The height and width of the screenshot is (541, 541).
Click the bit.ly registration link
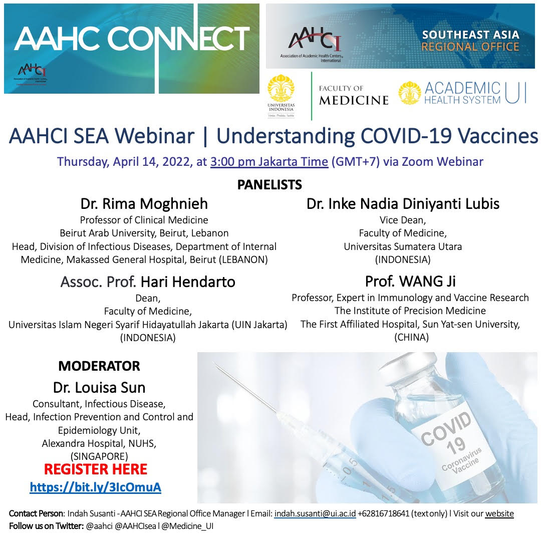coord(96,487)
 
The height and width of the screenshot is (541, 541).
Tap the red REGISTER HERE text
coord(96,469)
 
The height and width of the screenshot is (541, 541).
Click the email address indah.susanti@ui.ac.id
coord(315,513)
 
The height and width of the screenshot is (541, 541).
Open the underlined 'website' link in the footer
coord(499,513)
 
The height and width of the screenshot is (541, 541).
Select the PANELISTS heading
coord(269,185)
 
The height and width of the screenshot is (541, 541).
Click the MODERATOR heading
coord(99,366)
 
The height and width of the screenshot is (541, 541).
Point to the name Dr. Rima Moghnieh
coord(144,203)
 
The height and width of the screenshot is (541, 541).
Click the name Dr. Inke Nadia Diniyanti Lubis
coord(403,203)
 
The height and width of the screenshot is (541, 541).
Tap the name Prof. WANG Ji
coord(410,281)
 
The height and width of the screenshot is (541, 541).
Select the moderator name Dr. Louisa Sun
coord(99,387)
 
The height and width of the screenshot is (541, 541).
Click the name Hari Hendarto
coord(188,282)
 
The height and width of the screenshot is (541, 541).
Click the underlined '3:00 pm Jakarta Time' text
coord(269,161)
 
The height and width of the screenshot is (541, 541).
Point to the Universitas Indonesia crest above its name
coord(281,88)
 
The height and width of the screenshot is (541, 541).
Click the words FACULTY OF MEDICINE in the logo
coord(354,95)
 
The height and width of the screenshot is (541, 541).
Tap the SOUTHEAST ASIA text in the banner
coord(470,35)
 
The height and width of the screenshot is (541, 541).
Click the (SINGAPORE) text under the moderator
coord(99,456)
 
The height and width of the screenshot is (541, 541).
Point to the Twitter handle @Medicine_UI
coord(187,526)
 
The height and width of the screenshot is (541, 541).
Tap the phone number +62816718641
coord(383,513)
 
